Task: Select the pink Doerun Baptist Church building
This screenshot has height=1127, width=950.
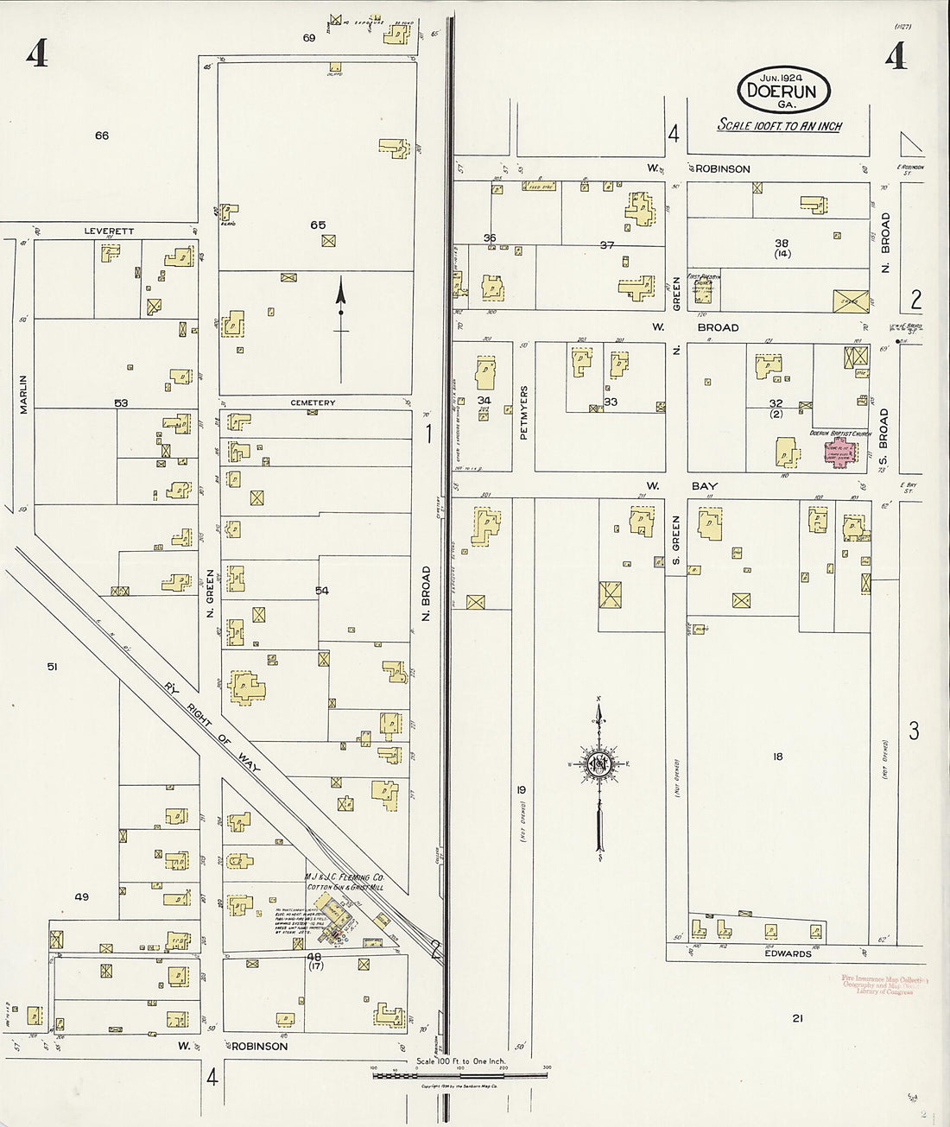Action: pyautogui.click(x=840, y=452)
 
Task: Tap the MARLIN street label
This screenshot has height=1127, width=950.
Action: pyautogui.click(x=24, y=393)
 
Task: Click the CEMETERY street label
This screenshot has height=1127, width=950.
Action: pyautogui.click(x=313, y=403)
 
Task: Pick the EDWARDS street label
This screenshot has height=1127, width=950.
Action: pyautogui.click(x=788, y=954)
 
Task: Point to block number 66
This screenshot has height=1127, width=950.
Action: pyautogui.click(x=102, y=136)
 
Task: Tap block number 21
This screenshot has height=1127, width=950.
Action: pyautogui.click(x=798, y=1018)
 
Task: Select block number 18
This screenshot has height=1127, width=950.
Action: pyautogui.click(x=778, y=757)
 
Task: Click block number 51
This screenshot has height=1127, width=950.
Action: pyautogui.click(x=52, y=667)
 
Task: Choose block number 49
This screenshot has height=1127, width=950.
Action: pyautogui.click(x=81, y=897)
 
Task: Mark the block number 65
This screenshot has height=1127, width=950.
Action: pyautogui.click(x=318, y=225)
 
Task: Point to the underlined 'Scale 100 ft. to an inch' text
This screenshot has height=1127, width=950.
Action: pyautogui.click(x=780, y=126)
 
